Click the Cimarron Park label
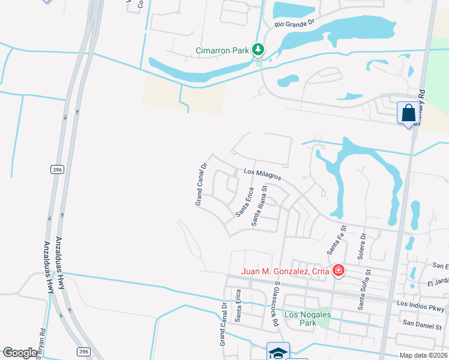click(x=222, y=50)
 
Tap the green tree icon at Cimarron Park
click(x=258, y=49)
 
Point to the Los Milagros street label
click(x=262, y=175)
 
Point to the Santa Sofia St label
click(x=364, y=290)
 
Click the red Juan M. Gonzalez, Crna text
click(x=285, y=271)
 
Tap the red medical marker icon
click(x=339, y=271)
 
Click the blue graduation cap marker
click(x=278, y=352)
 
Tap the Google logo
click(x=20, y=353)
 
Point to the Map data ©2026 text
click(x=423, y=355)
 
